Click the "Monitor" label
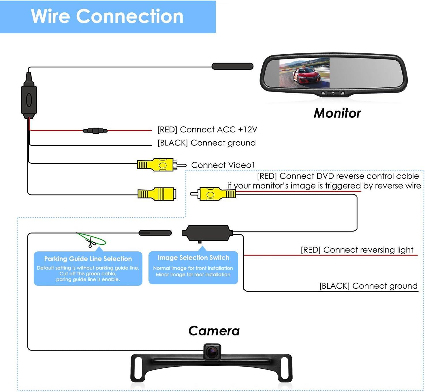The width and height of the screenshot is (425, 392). pyautogui.click(x=337, y=113)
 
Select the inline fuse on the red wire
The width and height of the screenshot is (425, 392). pyautogui.click(x=95, y=131)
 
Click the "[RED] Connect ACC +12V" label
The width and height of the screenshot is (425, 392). pyautogui.click(x=207, y=130)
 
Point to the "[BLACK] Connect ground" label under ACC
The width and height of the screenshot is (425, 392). pyautogui.click(x=206, y=143)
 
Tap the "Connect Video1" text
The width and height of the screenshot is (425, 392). pyautogui.click(x=223, y=165)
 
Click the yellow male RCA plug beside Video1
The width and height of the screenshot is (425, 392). pyautogui.click(x=160, y=165)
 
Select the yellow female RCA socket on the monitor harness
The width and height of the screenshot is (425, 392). pyautogui.click(x=157, y=194)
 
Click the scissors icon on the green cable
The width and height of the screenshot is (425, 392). pyautogui.click(x=91, y=242)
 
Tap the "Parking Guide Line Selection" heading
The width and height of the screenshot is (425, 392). pyautogui.click(x=88, y=259)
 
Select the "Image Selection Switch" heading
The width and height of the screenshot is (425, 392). pyautogui.click(x=193, y=257)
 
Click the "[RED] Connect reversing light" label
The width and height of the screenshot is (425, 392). pyautogui.click(x=357, y=250)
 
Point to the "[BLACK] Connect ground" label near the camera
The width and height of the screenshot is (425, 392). pyautogui.click(x=368, y=286)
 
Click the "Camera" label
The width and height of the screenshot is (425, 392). pyautogui.click(x=214, y=331)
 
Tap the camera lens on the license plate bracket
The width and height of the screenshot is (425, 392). pyautogui.click(x=213, y=351)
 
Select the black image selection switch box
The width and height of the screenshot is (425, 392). pyautogui.click(x=207, y=233)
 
